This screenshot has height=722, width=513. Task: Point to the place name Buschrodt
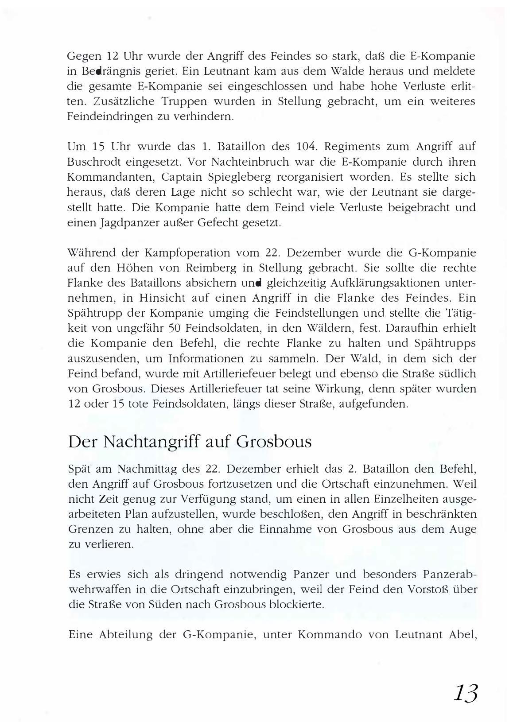94,162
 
